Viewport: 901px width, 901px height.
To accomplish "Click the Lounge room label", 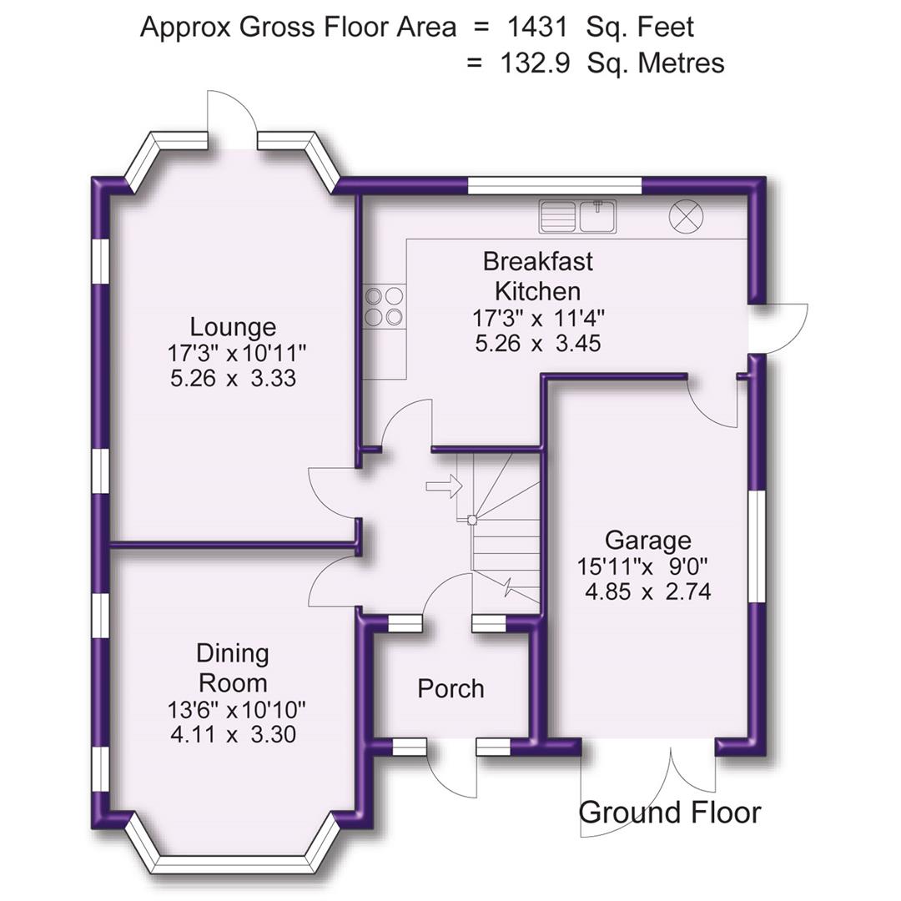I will click(233, 326).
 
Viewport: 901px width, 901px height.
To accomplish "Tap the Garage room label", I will click(648, 541).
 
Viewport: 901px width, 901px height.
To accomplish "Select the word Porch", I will click(450, 689).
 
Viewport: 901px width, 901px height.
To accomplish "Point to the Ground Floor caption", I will click(670, 812).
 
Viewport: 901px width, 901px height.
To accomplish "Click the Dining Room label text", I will click(233, 667).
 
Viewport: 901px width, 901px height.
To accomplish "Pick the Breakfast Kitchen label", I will click(538, 276).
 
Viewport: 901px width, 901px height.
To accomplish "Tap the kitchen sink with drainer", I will click(577, 216).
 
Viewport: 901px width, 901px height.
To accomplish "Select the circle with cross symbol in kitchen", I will click(686, 217).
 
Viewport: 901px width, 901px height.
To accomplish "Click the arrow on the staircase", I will click(444, 486).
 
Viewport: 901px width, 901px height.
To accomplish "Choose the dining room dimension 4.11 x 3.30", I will click(233, 735).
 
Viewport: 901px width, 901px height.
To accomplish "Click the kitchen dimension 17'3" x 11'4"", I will click(538, 317).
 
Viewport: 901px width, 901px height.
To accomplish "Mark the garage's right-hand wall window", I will click(757, 546).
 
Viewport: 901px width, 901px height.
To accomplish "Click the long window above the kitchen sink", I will click(554, 185).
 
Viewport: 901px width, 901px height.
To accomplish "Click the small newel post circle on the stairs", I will click(472, 520).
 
